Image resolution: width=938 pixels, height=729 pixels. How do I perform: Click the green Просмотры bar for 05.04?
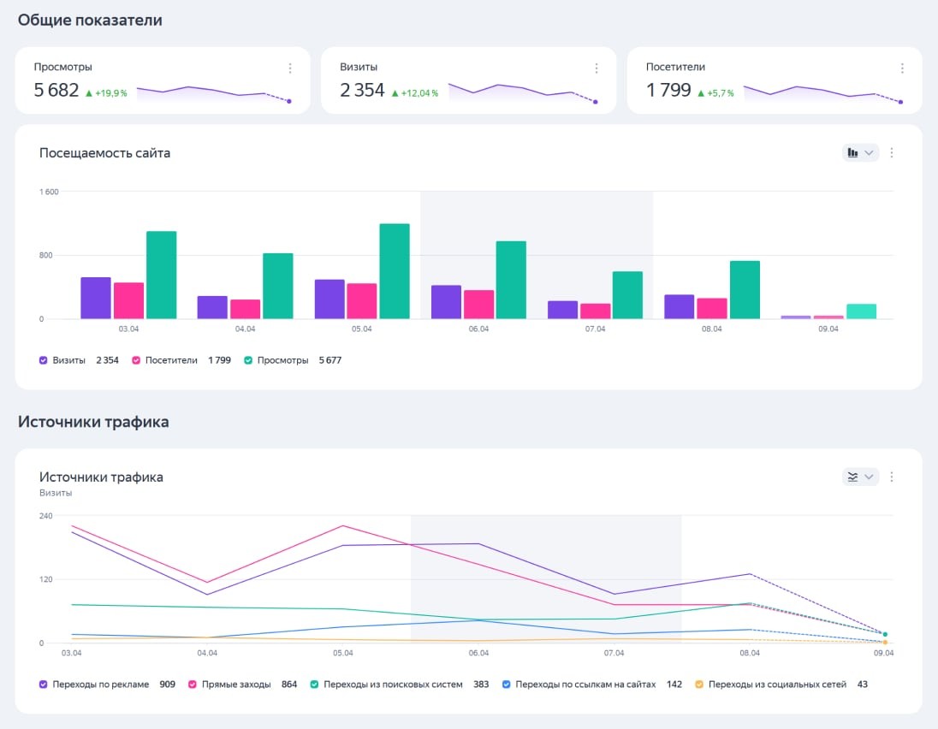click(395, 271)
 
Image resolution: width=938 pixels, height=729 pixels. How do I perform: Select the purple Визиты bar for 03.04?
click(96, 298)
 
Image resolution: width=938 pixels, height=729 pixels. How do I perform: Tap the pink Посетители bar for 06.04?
click(478, 305)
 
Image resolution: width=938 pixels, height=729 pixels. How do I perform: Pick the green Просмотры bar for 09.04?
click(861, 311)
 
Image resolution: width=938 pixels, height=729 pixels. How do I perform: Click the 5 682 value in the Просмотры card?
click(56, 90)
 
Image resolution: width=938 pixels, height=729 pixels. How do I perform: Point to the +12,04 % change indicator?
click(414, 93)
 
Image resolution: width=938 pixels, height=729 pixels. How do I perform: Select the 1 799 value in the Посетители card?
click(668, 90)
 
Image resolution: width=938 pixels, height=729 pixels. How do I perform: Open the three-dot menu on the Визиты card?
click(597, 68)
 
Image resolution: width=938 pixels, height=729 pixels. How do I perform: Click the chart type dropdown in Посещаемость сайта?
click(860, 153)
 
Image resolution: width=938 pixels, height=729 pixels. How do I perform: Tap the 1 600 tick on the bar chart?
click(49, 192)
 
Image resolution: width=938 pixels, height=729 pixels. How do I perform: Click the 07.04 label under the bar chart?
click(595, 329)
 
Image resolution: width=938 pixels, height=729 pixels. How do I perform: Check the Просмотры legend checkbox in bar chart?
click(249, 360)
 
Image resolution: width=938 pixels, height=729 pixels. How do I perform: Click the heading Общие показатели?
click(90, 20)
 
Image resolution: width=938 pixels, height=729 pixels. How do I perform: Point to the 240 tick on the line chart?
click(46, 516)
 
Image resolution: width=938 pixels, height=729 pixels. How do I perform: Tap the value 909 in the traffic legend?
click(168, 685)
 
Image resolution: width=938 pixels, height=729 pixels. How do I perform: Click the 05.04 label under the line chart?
click(343, 653)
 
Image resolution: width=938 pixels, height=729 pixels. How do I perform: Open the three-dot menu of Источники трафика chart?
click(892, 477)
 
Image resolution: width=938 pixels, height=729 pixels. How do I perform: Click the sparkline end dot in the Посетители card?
click(901, 102)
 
